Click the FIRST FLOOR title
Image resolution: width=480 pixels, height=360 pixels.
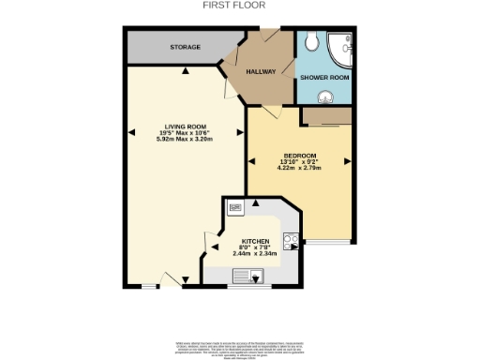(234, 5)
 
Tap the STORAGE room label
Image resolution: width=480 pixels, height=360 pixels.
(185, 46)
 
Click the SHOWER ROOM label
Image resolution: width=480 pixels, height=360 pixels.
(323, 77)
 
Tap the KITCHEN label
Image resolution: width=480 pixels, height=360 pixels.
(256, 240)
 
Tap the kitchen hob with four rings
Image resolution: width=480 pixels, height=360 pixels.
(292, 239)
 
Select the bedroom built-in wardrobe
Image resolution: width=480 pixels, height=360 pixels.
(327, 115)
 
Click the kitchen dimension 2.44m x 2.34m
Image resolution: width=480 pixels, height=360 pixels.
(256, 256)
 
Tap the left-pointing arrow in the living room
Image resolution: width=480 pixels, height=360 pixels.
(134, 132)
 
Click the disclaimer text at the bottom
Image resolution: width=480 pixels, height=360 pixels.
(239, 344)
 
